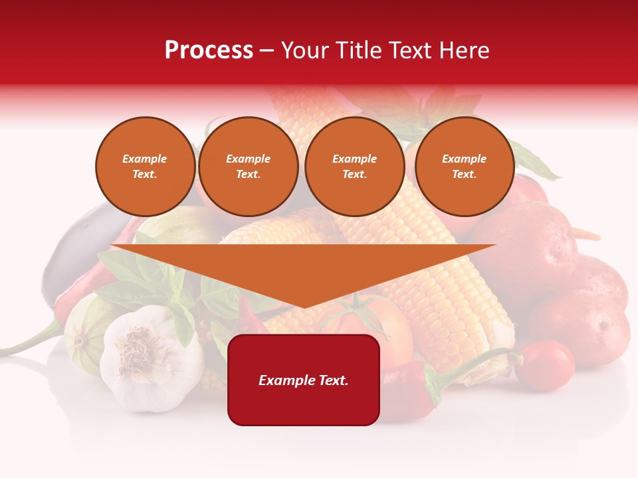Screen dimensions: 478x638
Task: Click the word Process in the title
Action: tap(209, 50)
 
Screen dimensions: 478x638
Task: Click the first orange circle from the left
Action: tap(145, 167)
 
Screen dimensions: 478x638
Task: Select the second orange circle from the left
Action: tap(248, 167)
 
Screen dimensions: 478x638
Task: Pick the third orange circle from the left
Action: tap(354, 167)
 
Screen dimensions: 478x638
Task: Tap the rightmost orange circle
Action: tap(464, 167)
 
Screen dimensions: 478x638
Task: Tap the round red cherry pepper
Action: tap(544, 364)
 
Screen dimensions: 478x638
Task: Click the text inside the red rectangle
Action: tap(304, 380)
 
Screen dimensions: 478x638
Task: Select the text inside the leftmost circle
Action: tap(145, 167)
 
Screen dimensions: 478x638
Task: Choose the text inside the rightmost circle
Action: tap(464, 167)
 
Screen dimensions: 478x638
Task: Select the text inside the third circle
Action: tap(354, 167)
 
